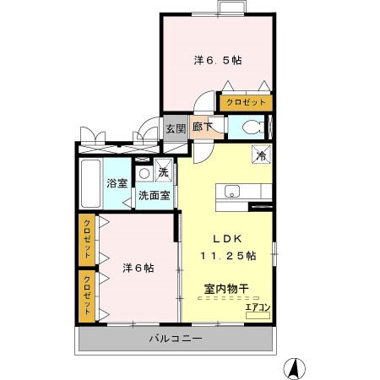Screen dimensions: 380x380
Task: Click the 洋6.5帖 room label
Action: coord(218,60)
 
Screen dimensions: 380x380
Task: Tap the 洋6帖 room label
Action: coord(138,268)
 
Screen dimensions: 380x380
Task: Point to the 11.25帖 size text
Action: coord(228,255)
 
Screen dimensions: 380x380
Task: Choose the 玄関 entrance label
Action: coord(175,129)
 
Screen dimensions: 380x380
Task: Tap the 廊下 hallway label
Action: coord(203,128)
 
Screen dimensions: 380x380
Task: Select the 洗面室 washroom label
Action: coord(155,195)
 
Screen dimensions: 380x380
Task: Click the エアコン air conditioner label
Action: coord(258,307)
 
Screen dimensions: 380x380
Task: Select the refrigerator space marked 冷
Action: coord(262,154)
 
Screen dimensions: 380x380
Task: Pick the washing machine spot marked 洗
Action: coord(163,172)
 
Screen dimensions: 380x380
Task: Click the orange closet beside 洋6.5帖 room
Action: coord(245,102)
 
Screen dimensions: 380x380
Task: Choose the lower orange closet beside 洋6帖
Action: coord(87,295)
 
